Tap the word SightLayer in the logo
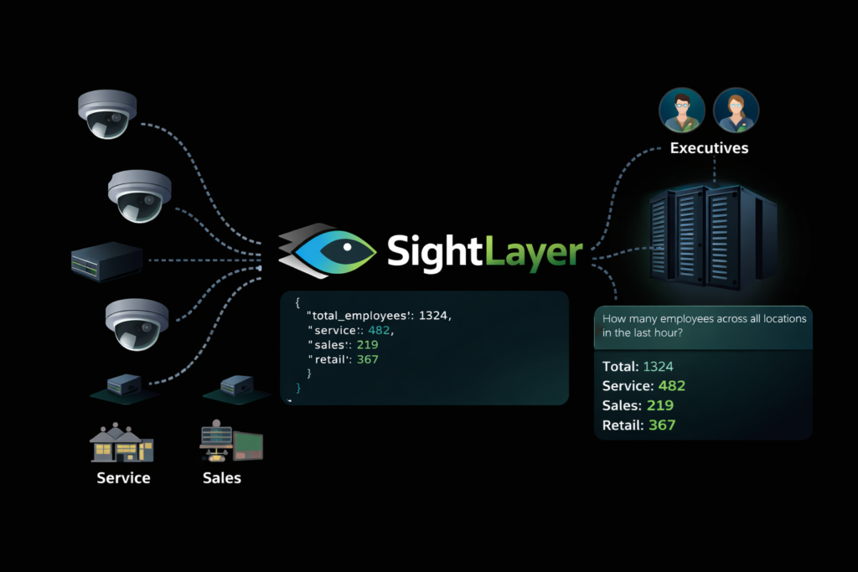coord(484,250)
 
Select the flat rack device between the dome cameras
coord(106,261)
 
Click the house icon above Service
coord(122,443)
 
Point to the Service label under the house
coord(123,478)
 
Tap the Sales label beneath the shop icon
coord(222,478)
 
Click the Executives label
coord(709,148)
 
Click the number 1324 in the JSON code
coord(434,316)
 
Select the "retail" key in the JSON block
coord(331,359)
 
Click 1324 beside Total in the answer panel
coord(658,366)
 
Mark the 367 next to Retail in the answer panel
coord(662,425)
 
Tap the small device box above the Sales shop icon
coord(237,386)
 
